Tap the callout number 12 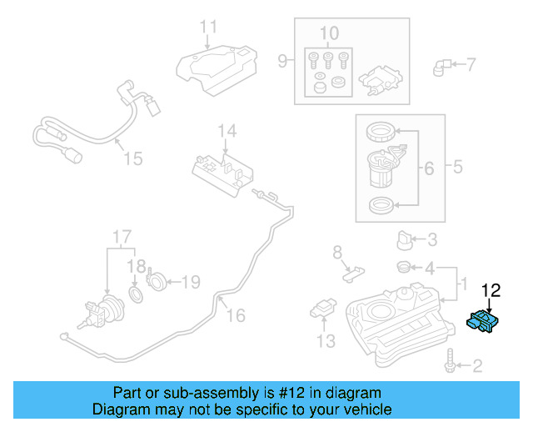[x=491, y=290]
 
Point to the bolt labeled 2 [x=451, y=364]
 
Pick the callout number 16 [x=236, y=314]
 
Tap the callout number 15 [x=132, y=158]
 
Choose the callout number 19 [x=191, y=282]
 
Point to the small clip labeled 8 [x=354, y=270]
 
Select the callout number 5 [x=457, y=168]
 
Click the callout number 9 [x=282, y=60]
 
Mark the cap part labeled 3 [x=405, y=240]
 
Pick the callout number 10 [x=329, y=33]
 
